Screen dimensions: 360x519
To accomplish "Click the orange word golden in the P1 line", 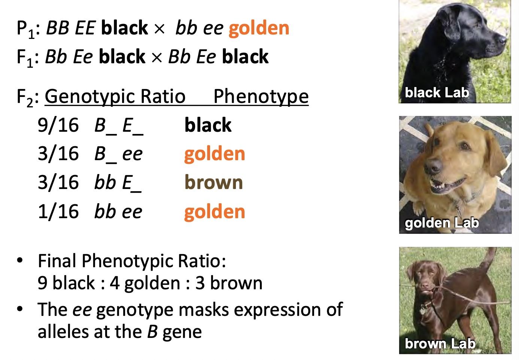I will click(x=259, y=28).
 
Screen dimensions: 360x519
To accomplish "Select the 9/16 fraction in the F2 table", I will click(x=58, y=125).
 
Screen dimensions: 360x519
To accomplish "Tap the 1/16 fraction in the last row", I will click(x=58, y=212).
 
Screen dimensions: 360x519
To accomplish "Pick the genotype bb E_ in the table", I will click(x=118, y=183).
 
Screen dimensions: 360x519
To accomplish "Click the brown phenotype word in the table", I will click(x=213, y=183).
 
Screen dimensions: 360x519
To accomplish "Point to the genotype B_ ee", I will click(x=118, y=154).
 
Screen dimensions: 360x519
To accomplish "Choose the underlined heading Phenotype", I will click(x=261, y=97).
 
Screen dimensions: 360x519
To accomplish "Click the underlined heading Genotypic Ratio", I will click(x=115, y=97).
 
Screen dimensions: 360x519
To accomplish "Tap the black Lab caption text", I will click(x=437, y=92).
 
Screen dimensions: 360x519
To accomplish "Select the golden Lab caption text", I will click(x=441, y=223).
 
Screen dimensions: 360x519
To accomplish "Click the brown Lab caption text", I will click(x=440, y=344).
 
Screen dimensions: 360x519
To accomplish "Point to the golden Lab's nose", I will click(x=433, y=166).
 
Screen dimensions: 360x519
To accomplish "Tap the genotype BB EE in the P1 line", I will click(x=71, y=28).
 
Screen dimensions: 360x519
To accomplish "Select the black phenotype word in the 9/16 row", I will click(x=208, y=125).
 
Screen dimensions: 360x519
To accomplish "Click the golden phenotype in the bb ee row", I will click(x=215, y=212).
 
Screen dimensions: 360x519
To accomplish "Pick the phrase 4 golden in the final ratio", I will click(x=145, y=283).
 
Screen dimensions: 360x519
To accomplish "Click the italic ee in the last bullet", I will click(x=82, y=310).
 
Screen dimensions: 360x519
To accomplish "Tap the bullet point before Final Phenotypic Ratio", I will click(x=20, y=260).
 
